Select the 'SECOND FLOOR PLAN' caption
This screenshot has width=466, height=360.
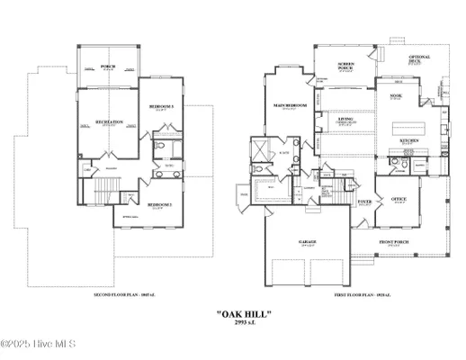121,294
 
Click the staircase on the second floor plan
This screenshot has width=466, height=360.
106,189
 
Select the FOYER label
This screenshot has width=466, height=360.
364,202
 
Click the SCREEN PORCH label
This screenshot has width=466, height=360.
345,64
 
